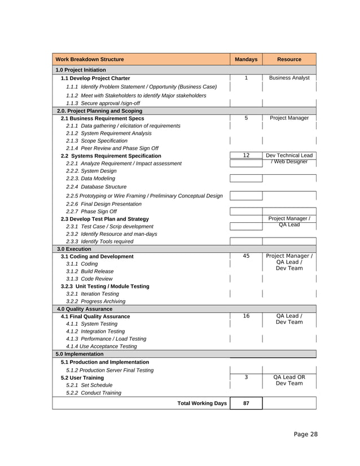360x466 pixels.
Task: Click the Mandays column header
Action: (246, 59)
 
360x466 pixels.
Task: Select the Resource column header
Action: (289, 59)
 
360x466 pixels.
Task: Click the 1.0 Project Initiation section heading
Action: (81, 70)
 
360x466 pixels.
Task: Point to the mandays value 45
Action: (246, 256)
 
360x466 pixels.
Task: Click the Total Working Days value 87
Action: (246, 403)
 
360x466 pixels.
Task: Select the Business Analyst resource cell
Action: (289, 78)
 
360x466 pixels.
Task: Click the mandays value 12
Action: (246, 155)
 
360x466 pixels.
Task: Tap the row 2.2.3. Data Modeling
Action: (90, 178)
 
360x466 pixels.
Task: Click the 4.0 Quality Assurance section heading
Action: (84, 309)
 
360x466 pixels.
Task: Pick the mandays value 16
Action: (246, 316)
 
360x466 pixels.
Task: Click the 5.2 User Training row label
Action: (82, 377)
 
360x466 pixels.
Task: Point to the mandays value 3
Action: (246, 377)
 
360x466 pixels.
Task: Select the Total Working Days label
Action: (202, 403)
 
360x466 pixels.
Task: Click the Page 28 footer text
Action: (305, 434)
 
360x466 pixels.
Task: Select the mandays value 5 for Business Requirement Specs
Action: (246, 118)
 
